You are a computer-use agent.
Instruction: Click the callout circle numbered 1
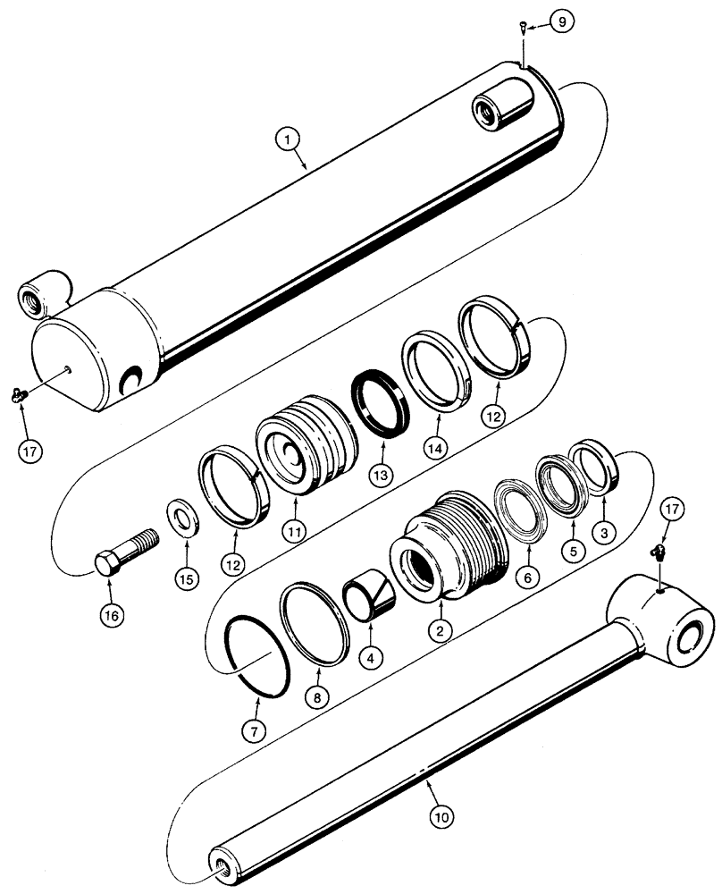288,139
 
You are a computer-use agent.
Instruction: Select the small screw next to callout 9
522,29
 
